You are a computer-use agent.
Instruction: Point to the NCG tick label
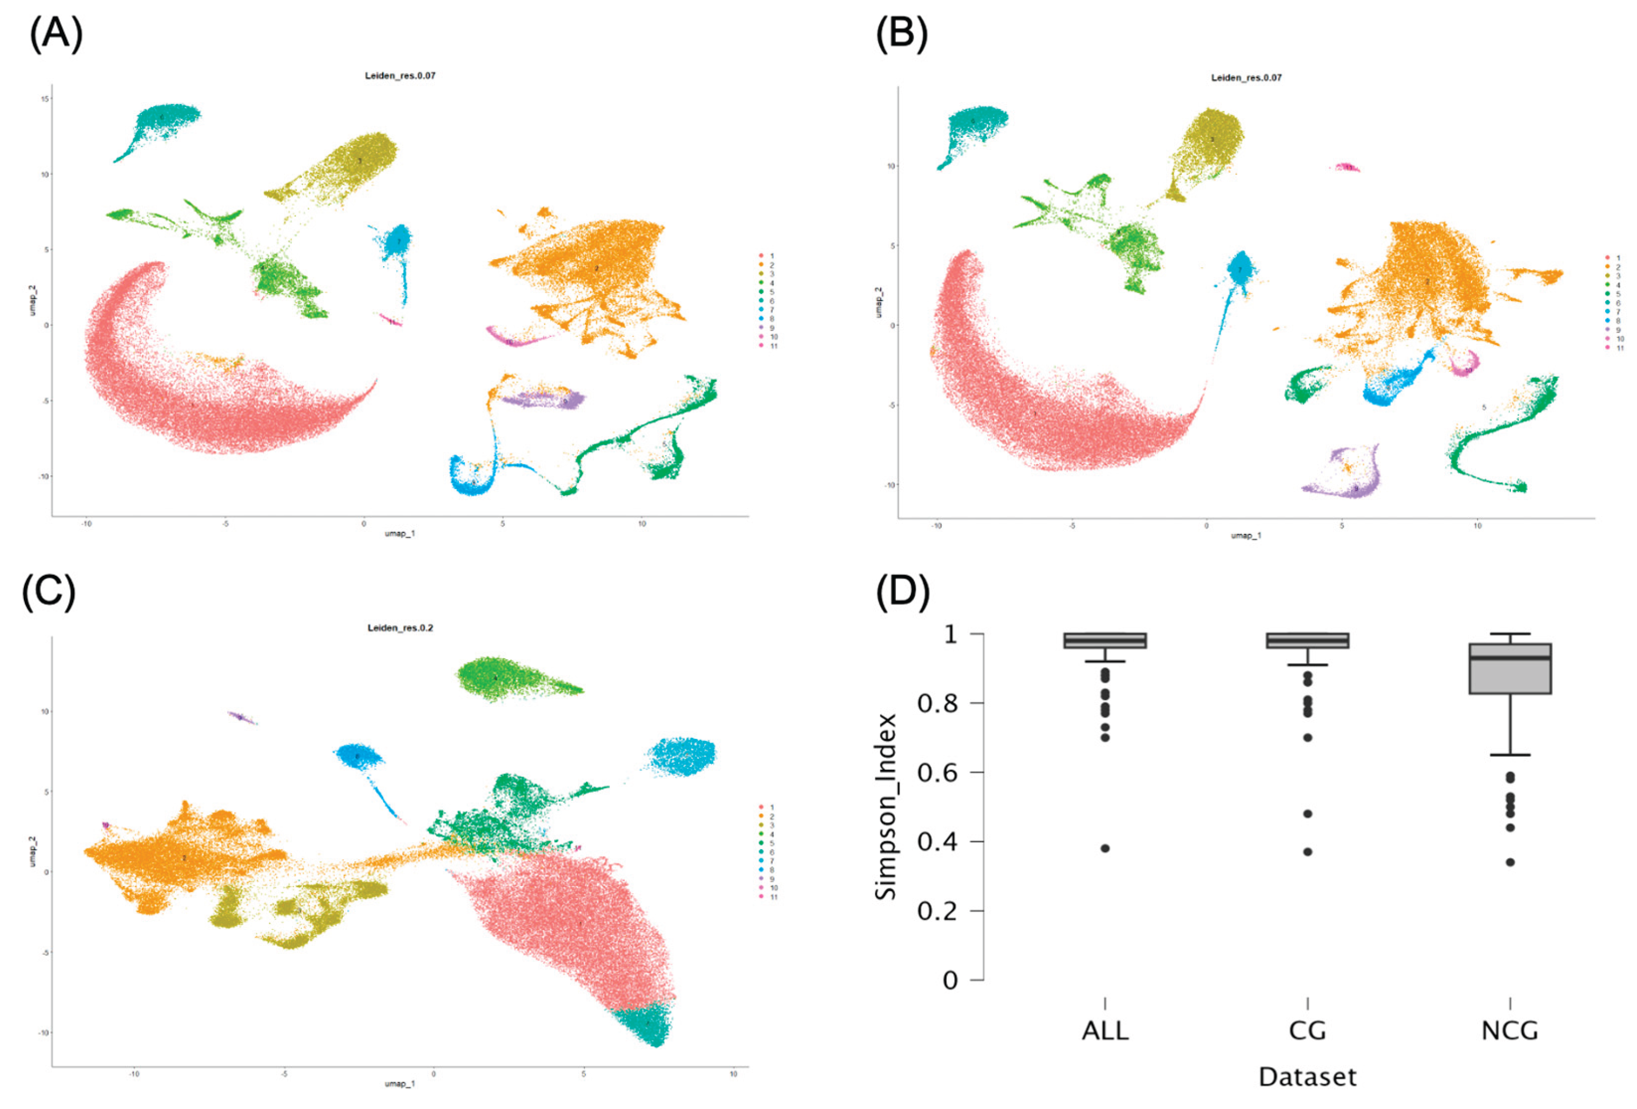(x=1509, y=1031)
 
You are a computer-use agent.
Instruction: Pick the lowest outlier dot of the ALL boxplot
(x=1105, y=848)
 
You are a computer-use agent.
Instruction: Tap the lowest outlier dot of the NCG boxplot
(x=1509, y=862)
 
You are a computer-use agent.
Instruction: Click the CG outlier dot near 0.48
(x=1308, y=814)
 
